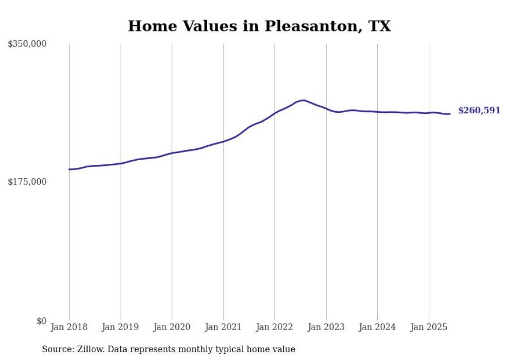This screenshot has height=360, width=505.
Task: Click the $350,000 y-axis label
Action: tap(27, 44)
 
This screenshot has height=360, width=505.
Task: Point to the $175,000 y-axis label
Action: tap(27, 182)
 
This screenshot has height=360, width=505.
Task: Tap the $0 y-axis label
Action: tap(41, 321)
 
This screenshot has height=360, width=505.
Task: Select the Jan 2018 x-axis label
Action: tap(69, 327)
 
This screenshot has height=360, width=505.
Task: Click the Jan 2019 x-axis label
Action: tap(121, 327)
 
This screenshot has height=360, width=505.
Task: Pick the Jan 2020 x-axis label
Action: tap(172, 327)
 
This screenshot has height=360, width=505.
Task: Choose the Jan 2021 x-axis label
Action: tap(223, 327)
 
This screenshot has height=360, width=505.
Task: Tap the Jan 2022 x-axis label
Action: tap(275, 327)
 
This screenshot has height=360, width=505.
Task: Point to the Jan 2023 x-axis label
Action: tap(326, 327)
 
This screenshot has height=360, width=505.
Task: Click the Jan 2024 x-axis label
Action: tap(377, 327)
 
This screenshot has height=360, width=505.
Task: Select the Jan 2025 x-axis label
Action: tap(429, 327)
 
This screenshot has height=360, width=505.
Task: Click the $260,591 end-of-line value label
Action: tap(479, 111)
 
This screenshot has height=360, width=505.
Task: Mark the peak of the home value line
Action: tap(304, 100)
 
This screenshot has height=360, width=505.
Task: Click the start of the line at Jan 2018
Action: tap(69, 169)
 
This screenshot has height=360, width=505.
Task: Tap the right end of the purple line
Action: tap(450, 114)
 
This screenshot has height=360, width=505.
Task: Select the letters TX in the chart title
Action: tap(380, 26)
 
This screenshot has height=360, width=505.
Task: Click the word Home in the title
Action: tap(149, 26)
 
